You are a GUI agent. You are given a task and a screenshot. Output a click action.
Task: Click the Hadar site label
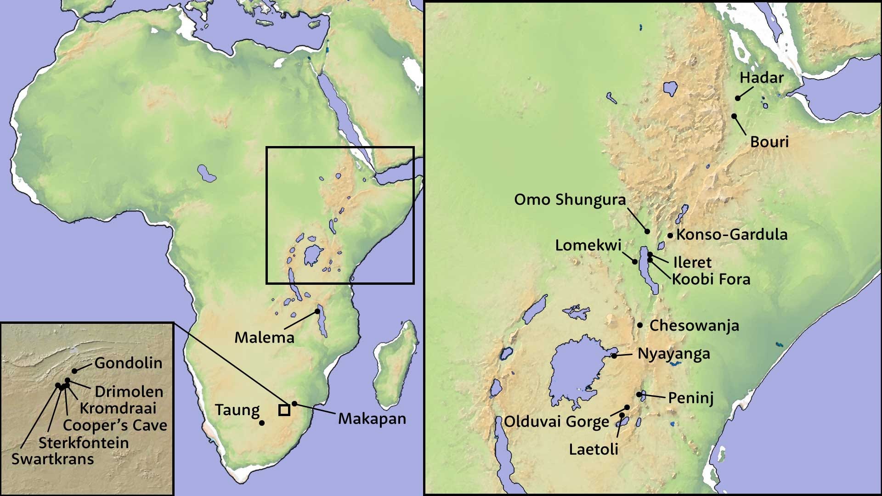(x=761, y=78)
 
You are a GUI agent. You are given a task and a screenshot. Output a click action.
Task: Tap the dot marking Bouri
(x=734, y=116)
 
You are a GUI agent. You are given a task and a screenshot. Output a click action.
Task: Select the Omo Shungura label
(x=570, y=200)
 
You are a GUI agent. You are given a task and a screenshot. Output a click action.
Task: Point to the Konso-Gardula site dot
(x=670, y=236)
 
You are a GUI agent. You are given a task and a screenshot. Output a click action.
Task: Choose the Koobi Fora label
(x=711, y=279)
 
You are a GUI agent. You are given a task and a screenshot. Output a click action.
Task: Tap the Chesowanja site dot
(x=640, y=325)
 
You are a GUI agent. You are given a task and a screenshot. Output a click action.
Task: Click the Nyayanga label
(x=674, y=354)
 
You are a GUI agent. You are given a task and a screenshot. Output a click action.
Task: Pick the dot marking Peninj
(x=639, y=395)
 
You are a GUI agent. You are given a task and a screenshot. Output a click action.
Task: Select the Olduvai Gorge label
(x=557, y=421)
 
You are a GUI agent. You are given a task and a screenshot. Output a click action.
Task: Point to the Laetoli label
(x=594, y=449)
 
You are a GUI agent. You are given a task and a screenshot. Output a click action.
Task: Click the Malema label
(x=264, y=338)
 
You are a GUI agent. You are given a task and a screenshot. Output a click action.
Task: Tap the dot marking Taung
(x=262, y=423)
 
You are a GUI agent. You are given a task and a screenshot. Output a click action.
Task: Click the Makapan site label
(x=372, y=418)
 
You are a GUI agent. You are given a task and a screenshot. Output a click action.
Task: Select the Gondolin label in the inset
(x=128, y=363)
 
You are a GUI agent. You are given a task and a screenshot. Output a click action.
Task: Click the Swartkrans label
(x=52, y=459)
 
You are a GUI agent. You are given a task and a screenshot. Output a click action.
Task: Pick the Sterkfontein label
(x=84, y=443)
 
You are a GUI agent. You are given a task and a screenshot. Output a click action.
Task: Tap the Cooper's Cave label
(x=115, y=425)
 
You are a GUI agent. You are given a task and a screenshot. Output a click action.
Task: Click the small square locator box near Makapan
(x=284, y=410)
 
